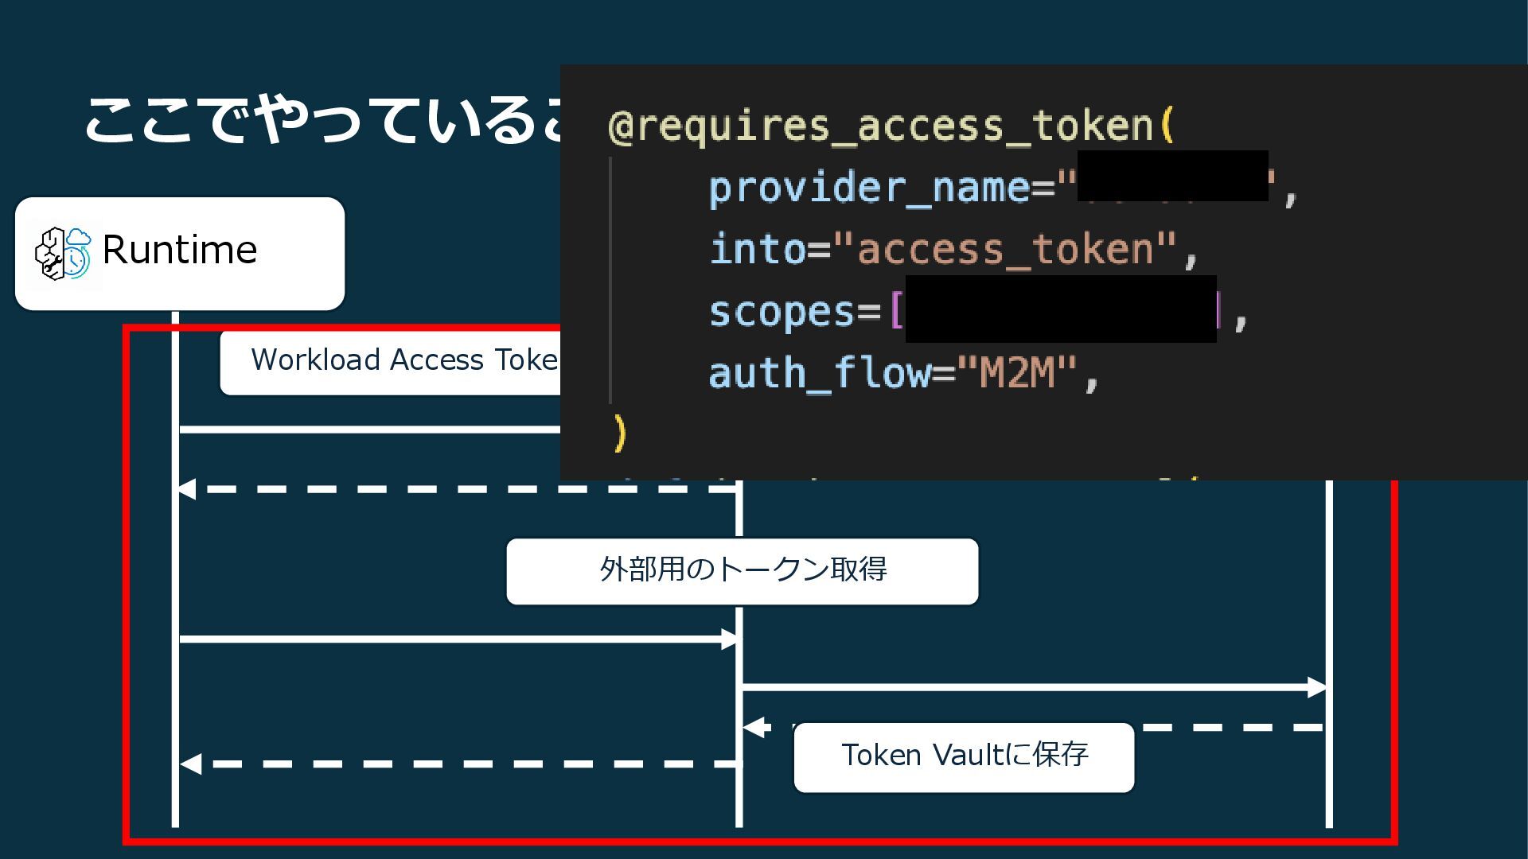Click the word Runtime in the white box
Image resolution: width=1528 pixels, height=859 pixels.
tap(180, 251)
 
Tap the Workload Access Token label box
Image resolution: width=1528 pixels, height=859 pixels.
tap(390, 361)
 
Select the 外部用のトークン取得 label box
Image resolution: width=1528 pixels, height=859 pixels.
tap(742, 571)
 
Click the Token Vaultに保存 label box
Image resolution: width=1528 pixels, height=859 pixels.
tap(964, 756)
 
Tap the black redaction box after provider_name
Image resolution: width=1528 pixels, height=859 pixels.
tap(1172, 176)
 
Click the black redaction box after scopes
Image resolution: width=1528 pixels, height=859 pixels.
tap(1061, 309)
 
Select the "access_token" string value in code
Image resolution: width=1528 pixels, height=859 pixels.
tap(1004, 250)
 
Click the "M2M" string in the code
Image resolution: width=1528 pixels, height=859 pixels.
tap(1017, 372)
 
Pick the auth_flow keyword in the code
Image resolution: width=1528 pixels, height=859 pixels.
tap(819, 373)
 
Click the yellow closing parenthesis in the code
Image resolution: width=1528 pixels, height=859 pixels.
tap(620, 433)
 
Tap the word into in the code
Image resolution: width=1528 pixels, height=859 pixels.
tap(757, 250)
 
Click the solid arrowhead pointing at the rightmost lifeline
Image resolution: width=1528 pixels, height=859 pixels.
tap(1317, 687)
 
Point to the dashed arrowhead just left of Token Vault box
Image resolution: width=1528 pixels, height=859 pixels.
tap(754, 727)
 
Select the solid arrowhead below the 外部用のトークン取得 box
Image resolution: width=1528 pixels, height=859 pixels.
tap(730, 639)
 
